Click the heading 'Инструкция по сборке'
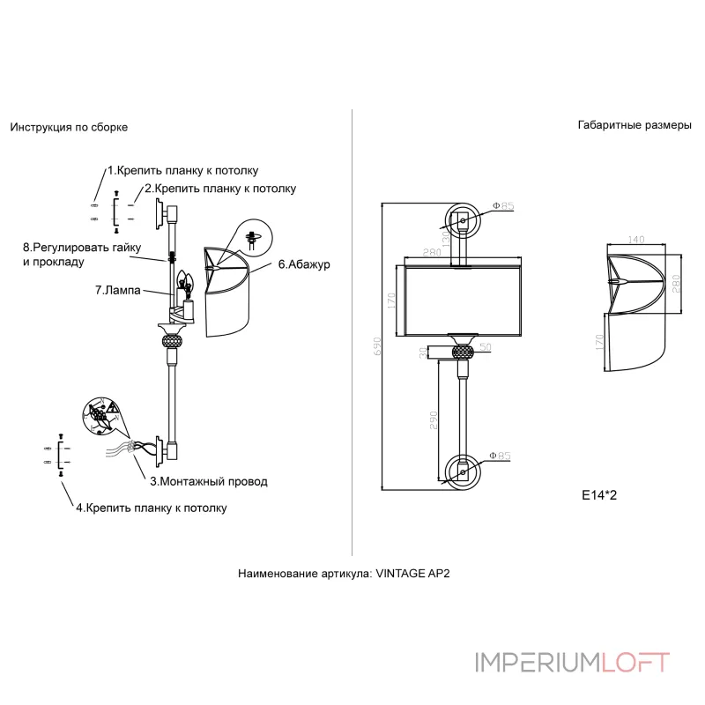point(69,127)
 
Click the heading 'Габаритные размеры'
point(634,125)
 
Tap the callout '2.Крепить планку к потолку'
point(220,189)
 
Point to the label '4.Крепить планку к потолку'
point(151,508)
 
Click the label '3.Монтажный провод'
point(208,482)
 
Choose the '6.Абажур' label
point(303,263)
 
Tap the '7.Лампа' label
point(118,289)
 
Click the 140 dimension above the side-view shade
point(636,239)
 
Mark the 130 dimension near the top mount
point(447,235)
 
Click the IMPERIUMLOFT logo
point(572,662)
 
